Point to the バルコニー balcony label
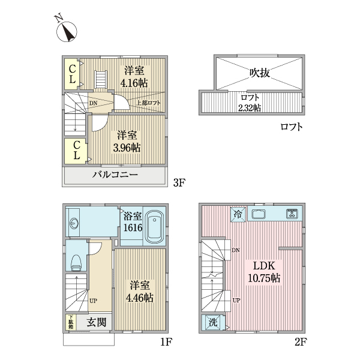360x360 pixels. click(115, 176)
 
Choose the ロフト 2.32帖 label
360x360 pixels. click(250, 103)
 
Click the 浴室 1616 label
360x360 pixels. click(133, 221)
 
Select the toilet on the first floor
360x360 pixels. click(75, 261)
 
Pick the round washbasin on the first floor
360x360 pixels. click(74, 223)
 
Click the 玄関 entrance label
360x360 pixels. click(97, 322)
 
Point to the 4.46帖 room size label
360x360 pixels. click(139, 292)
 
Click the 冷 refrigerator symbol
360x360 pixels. click(237, 214)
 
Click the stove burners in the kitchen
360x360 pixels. click(292, 213)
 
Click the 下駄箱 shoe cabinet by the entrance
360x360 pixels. click(70, 322)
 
